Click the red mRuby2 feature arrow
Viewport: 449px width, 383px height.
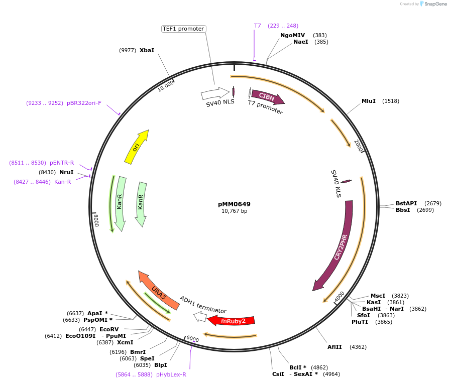tap(232, 321)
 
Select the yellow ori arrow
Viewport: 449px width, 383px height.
tap(137, 146)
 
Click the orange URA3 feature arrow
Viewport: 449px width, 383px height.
tap(158, 291)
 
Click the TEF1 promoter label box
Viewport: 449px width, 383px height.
tap(183, 29)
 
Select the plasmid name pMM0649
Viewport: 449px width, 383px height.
tap(234, 204)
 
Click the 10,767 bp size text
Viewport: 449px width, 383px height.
tap(234, 211)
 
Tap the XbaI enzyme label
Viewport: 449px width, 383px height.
tap(147, 50)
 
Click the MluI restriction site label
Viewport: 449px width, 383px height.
tap(369, 101)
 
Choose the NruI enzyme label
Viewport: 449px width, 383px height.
tap(66, 172)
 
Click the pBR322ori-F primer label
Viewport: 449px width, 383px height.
tap(84, 103)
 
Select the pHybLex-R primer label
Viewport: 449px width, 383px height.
tap(171, 374)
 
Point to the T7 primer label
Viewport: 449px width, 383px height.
tap(257, 26)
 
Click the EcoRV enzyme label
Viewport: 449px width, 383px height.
tap(109, 329)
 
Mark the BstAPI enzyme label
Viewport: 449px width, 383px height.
tap(406, 203)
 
